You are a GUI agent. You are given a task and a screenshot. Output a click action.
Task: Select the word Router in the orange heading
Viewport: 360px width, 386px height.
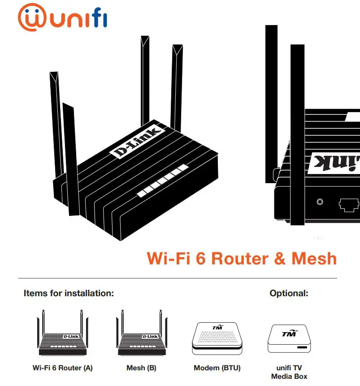[x=240, y=259]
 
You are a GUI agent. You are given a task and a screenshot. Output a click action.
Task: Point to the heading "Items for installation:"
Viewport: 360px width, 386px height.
[x=69, y=294]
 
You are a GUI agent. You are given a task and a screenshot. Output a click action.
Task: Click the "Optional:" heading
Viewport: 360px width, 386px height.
[x=289, y=294]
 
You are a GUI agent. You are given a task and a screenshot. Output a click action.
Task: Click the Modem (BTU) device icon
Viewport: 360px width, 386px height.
[x=217, y=337]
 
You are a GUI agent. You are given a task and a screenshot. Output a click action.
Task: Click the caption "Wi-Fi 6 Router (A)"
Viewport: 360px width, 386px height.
[x=62, y=368]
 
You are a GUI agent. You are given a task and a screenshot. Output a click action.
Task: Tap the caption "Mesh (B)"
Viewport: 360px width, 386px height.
[x=141, y=368]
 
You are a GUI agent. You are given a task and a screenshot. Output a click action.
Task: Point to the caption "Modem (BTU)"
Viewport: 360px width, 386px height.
[x=217, y=368]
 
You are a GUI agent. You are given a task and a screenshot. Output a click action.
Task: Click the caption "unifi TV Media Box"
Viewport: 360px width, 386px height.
[x=289, y=372]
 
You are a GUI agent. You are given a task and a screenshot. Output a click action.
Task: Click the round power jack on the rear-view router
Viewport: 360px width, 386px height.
[x=320, y=202]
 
